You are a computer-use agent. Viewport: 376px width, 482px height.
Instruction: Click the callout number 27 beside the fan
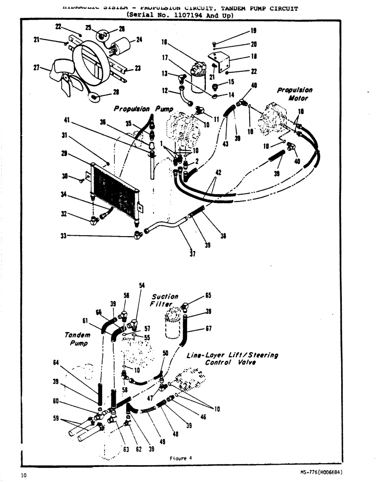pos(36,68)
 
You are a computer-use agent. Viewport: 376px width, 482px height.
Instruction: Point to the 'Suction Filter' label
pos(165,300)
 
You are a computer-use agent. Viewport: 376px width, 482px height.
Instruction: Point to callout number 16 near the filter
pos(164,42)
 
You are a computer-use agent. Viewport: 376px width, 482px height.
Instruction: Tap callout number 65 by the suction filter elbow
pos(208,295)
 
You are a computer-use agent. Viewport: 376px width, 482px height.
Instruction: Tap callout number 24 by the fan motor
pos(139,40)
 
